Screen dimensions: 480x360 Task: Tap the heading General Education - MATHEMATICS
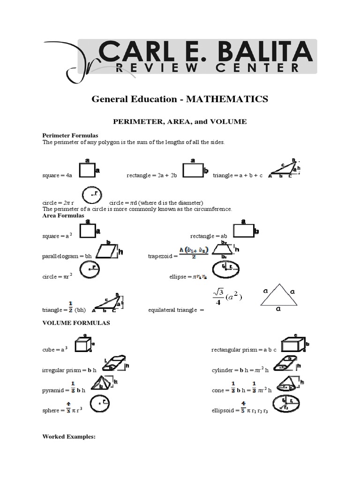point(180,99)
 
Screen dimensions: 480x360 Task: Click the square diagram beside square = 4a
point(87,170)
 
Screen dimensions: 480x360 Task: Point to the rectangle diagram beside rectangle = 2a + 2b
point(193,170)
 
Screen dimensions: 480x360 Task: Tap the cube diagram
point(82,345)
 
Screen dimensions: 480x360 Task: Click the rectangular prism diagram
point(292,345)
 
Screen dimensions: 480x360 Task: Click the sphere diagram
point(100,403)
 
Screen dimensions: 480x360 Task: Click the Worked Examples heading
point(68,436)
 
